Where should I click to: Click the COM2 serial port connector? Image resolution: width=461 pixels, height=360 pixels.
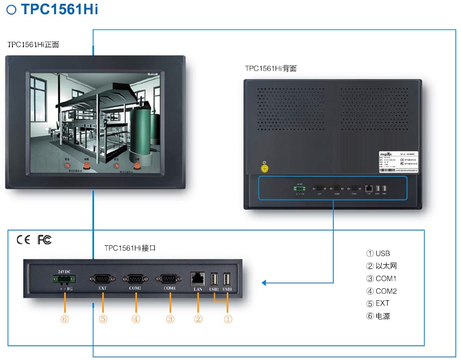[135, 278]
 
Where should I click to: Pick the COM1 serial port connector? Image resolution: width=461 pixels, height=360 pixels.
[170, 278]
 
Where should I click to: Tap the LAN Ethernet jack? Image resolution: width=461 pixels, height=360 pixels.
[197, 279]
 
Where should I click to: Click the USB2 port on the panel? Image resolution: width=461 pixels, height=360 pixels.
[214, 279]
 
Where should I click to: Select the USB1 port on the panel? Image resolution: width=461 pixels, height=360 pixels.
[227, 279]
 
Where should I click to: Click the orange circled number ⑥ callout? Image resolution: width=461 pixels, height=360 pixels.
[65, 319]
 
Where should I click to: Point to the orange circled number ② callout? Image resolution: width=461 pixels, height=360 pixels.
[198, 319]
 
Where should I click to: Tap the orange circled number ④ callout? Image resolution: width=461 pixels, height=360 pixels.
[136, 319]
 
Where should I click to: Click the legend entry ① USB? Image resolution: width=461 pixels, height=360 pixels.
[378, 253]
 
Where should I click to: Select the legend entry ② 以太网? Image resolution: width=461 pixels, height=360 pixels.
[382, 266]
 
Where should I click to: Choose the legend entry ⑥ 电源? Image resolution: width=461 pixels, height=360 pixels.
[378, 316]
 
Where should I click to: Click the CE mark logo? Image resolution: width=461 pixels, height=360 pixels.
[23, 240]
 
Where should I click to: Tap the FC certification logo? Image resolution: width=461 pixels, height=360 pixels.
[45, 240]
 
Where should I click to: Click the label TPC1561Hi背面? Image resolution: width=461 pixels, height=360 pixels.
[271, 69]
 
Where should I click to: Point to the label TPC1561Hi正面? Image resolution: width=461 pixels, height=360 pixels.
[33, 45]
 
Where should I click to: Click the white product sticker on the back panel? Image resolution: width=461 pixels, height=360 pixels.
[399, 162]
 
